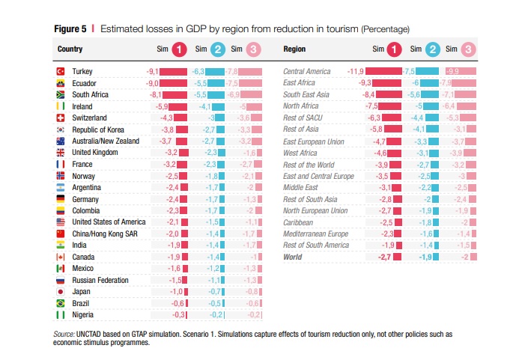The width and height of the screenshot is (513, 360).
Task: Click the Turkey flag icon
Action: point(61,71)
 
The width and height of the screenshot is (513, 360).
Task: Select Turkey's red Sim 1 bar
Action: point(173,71)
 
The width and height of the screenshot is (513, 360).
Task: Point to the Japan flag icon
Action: point(61,292)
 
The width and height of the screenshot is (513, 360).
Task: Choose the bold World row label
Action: point(292,257)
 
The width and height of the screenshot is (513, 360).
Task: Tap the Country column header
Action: point(70,49)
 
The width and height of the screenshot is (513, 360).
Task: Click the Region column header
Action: point(294,49)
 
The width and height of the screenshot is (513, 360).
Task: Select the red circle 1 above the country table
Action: point(179,49)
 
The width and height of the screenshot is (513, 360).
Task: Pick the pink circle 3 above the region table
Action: point(468,49)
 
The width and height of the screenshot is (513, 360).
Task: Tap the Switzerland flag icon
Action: point(61,118)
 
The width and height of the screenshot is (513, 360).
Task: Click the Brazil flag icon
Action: point(61,303)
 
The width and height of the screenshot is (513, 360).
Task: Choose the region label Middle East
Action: point(301,187)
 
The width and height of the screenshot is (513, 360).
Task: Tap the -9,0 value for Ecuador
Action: point(152,83)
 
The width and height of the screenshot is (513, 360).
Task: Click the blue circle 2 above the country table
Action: point(217,49)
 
